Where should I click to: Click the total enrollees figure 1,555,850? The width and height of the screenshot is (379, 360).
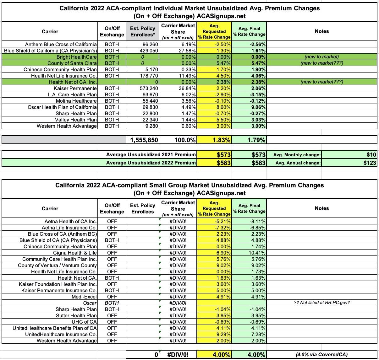144,140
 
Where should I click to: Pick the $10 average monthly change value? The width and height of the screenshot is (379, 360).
371,155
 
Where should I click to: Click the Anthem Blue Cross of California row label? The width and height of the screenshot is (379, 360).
61,44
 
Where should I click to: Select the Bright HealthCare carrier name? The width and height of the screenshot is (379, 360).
76,57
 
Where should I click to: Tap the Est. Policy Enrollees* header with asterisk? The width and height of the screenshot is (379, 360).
143,31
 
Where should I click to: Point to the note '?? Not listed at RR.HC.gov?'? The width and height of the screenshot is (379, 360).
321,303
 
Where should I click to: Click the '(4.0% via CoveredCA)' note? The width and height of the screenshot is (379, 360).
321,355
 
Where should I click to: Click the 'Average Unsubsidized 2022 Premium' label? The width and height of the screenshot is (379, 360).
151,163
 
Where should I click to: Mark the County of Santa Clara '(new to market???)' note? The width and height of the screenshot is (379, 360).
321,63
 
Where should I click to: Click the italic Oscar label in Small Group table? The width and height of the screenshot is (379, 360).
90,303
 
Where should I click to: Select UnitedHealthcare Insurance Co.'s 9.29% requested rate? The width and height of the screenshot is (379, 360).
223,334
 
